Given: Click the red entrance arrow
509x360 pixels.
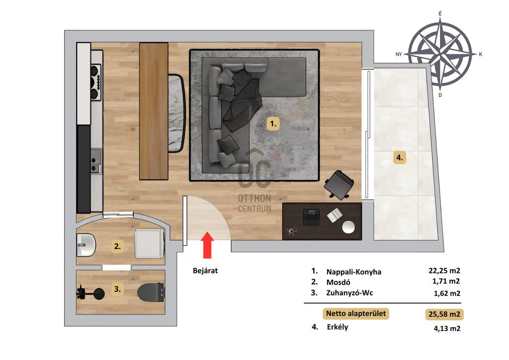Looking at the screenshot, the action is point(207,245).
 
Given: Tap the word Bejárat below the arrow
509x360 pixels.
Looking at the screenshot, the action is point(205,270).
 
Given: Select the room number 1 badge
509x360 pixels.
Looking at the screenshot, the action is point(273,123).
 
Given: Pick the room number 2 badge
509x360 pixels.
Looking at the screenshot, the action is point(117,246).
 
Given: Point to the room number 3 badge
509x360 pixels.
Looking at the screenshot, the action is point(117,289).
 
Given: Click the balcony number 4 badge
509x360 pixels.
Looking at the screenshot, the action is point(399,158).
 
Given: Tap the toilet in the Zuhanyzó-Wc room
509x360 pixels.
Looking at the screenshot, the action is point(151,292).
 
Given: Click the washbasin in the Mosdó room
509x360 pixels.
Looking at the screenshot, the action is point(86,244).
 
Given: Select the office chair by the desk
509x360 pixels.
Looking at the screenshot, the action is point(339,185).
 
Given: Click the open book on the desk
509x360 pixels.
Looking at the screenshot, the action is point(335,215).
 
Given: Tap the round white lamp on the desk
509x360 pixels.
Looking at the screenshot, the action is point(348,227).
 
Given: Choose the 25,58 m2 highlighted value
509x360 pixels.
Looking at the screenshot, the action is point(444,314).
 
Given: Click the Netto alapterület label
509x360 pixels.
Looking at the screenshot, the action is point(356,314).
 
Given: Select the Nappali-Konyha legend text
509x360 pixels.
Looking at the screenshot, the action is point(353,272).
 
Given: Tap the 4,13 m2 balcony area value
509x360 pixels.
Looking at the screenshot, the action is point(447,329).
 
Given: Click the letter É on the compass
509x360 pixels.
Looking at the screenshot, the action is point(440,13).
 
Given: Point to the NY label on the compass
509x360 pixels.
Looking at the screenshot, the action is point(399,54).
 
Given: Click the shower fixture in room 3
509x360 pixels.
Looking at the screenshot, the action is point(90,292).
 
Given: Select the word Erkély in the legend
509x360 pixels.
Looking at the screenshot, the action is point(338,327).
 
